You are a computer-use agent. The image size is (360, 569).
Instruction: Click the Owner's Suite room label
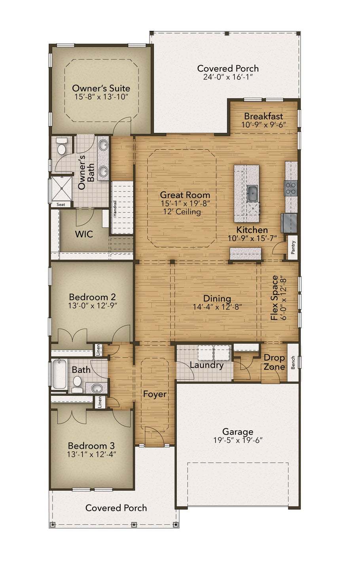[x=101, y=88]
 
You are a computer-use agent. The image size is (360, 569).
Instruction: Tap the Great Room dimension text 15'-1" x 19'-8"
[x=185, y=204]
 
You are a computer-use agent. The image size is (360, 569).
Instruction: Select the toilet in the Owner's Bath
[x=61, y=146]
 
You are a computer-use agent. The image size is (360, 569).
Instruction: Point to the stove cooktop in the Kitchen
[x=291, y=188]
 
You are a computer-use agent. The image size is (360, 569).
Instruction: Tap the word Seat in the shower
[x=61, y=204]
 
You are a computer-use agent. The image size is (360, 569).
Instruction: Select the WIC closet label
[x=84, y=234]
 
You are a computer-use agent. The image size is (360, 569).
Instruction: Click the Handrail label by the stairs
[x=115, y=208]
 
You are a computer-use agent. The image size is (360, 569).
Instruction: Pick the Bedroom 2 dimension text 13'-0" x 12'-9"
[x=92, y=305]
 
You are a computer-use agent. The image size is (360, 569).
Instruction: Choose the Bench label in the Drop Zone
[x=293, y=363]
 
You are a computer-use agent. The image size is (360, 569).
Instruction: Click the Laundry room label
[x=207, y=365]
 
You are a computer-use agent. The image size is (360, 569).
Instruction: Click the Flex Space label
[x=275, y=298]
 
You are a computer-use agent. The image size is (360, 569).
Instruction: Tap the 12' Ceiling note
[x=182, y=212]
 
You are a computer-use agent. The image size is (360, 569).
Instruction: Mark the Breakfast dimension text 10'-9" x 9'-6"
[x=263, y=125]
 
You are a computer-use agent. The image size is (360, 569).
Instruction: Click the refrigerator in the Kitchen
[x=289, y=223]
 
